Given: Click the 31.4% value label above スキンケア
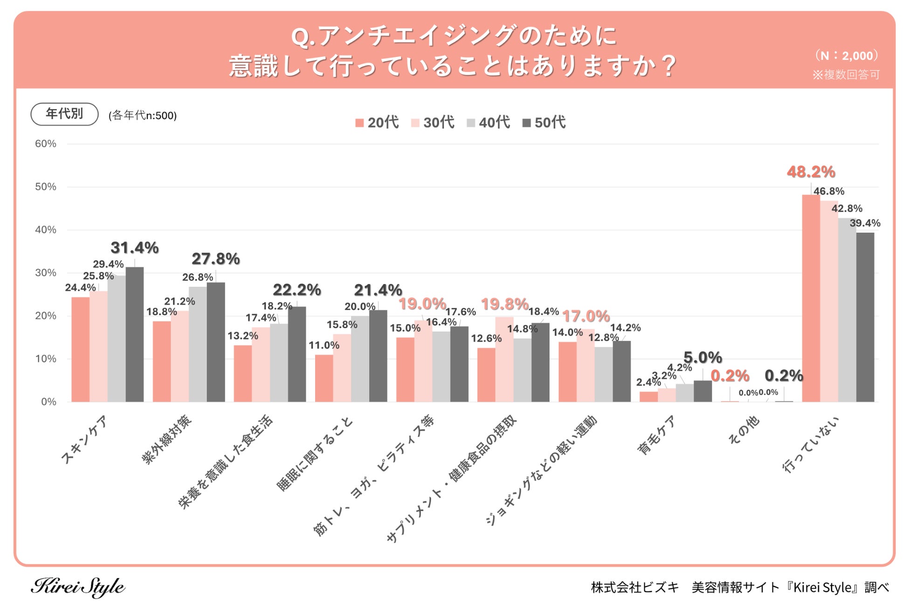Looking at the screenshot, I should pyautogui.click(x=135, y=248).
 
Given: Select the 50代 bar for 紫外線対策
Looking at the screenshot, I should pyautogui.click(x=216, y=342).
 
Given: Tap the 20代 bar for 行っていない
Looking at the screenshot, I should pyautogui.click(x=811, y=298).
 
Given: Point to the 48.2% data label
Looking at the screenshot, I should pyautogui.click(x=811, y=172).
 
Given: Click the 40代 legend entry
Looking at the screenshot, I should pyautogui.click(x=489, y=123).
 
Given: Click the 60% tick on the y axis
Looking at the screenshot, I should pyautogui.click(x=46, y=144).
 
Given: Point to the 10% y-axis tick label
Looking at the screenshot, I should pyautogui.click(x=46, y=358).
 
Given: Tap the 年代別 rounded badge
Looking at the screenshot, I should pyautogui.click(x=64, y=114).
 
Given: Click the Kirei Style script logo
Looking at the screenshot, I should pyautogui.click(x=78, y=586).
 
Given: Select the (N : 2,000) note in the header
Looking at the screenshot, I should pyautogui.click(x=847, y=55).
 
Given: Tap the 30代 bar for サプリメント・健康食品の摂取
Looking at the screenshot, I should pyautogui.click(x=504, y=359).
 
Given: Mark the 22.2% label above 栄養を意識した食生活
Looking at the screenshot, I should pyautogui.click(x=297, y=290).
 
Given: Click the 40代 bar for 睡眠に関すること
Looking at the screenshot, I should pyautogui.click(x=360, y=359).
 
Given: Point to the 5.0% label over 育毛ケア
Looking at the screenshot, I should pyautogui.click(x=702, y=358).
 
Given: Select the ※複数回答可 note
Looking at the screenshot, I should pyautogui.click(x=846, y=75).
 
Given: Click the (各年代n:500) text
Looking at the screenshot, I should pyautogui.click(x=143, y=116).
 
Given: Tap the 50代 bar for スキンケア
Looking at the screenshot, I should pyautogui.click(x=135, y=334).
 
